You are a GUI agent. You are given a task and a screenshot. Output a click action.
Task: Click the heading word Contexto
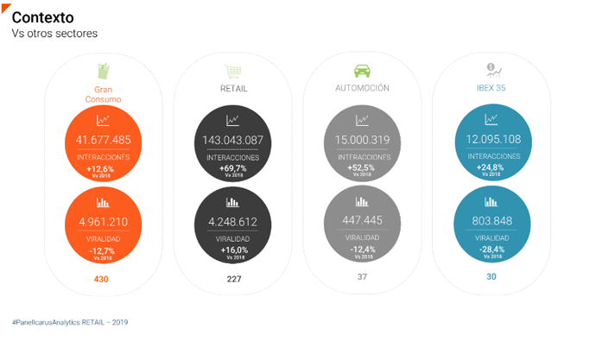coord(42,17)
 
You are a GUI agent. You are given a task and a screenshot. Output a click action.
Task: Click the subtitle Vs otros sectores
coord(54,34)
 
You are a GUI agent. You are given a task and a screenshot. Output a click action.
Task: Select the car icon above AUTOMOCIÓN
coord(362,71)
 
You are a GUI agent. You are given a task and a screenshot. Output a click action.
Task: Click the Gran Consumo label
coord(103,94)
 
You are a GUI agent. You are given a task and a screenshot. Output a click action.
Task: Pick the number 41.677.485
coord(103,140)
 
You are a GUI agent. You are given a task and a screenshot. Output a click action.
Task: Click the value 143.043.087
coord(231,140)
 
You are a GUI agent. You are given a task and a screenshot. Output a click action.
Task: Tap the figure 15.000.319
coord(362,140)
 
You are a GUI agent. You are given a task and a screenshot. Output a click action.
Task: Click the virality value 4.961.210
coord(103,221)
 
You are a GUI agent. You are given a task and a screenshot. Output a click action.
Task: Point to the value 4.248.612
coord(231,221)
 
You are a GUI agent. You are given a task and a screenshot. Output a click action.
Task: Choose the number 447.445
coord(362,221)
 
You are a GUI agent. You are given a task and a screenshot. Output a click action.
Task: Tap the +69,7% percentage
coord(232,167)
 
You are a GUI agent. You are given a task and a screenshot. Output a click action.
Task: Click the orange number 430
coord(101,279)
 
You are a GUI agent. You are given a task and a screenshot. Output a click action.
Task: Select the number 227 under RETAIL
coord(232,279)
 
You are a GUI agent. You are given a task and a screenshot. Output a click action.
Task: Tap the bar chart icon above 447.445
coord(362,202)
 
